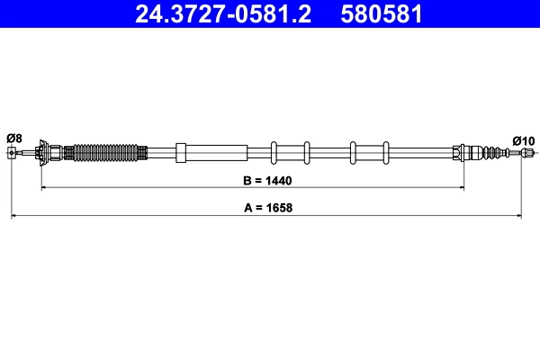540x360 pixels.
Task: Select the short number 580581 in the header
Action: pos(382,14)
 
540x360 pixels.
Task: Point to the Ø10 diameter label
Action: pos(523,139)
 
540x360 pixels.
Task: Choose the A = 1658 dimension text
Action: pos(268,208)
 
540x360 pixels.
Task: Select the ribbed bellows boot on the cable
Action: pos(106,152)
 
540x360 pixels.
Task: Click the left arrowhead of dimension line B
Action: pos(45,187)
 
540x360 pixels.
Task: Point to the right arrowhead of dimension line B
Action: pos(461,187)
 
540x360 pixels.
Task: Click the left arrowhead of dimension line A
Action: pos(14,216)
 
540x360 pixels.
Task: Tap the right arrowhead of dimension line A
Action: pos(517,216)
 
